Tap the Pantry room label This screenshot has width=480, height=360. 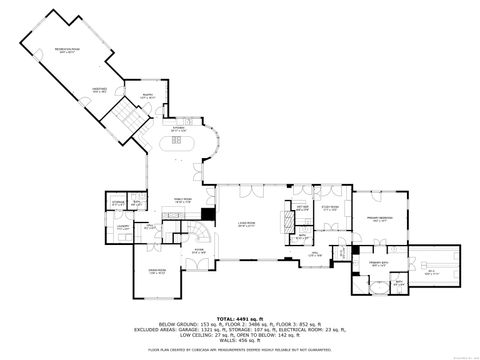147,96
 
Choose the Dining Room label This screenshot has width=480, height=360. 157,272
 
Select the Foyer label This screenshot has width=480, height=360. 199,250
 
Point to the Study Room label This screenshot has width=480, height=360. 329,209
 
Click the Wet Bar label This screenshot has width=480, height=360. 303,208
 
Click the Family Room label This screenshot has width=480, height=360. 183,200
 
